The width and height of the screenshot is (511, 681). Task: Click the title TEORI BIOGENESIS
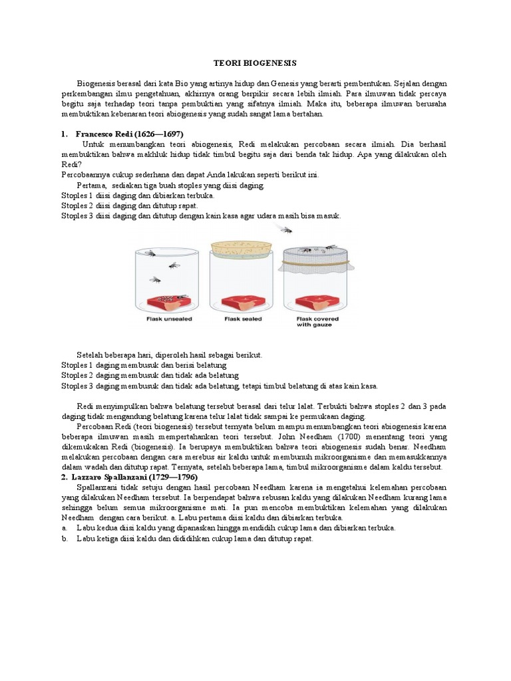click(x=255, y=63)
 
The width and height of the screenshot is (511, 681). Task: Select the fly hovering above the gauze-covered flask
click(x=285, y=229)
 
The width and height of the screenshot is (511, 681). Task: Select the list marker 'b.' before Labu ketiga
click(x=65, y=539)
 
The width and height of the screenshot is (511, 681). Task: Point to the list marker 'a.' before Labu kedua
click(x=65, y=528)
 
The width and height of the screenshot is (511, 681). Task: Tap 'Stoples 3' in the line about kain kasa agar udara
click(x=77, y=216)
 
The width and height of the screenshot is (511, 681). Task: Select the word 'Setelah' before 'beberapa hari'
click(x=91, y=355)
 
